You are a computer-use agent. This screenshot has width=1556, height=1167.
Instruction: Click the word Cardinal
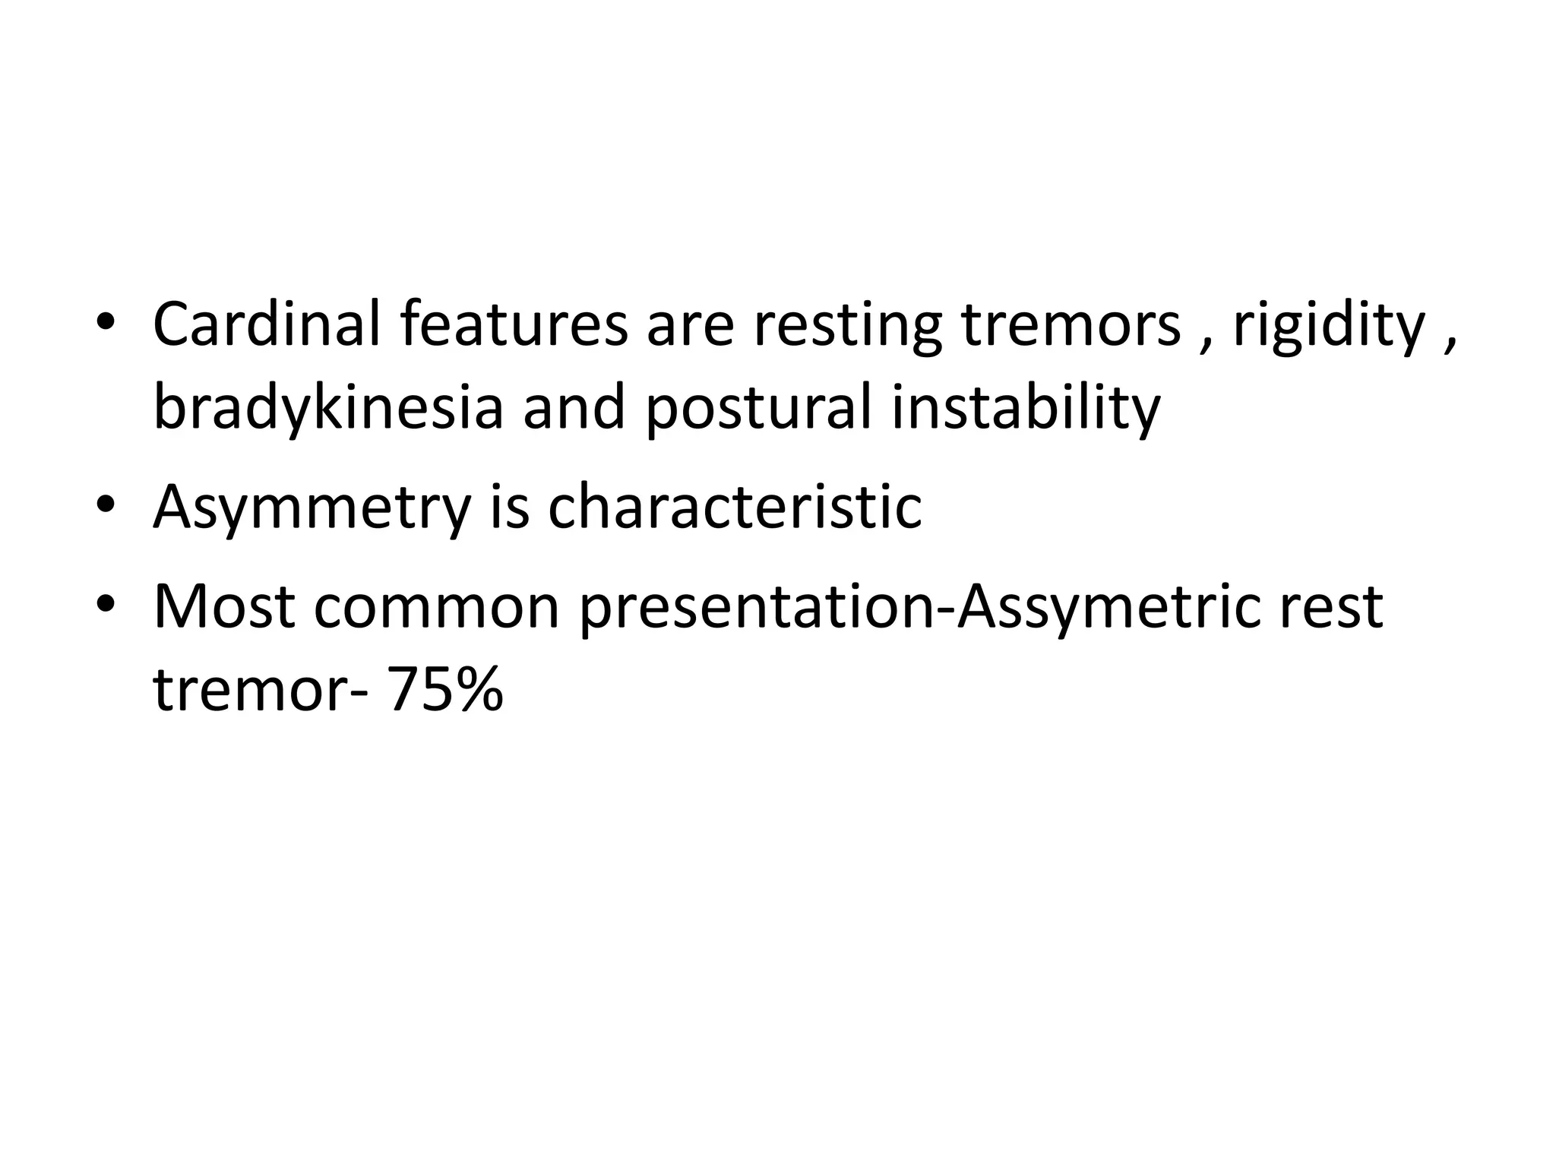(x=266, y=324)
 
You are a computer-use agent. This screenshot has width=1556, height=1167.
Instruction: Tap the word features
(x=514, y=324)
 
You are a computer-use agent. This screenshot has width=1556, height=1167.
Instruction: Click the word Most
(x=224, y=607)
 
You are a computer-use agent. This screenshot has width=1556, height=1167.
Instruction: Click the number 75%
(x=445, y=691)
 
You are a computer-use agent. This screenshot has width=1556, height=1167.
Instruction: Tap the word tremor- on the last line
(x=261, y=691)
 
